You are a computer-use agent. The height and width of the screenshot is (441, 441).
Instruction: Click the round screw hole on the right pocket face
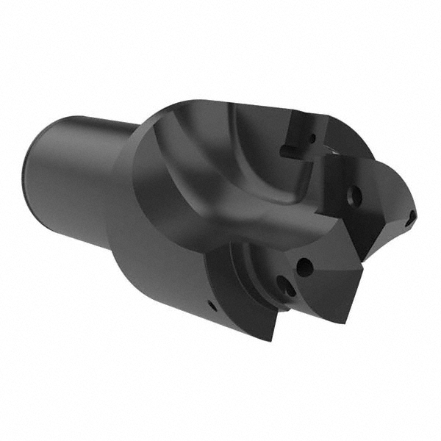(356, 196)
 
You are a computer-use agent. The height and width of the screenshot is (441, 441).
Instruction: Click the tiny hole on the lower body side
(212, 303)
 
